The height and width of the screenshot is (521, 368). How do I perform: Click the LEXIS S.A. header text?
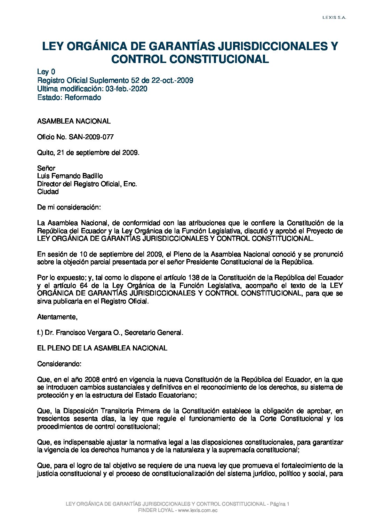[335, 18]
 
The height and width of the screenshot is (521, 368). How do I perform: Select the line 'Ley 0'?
[46, 72]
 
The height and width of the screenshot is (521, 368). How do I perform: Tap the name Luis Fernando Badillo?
[70, 176]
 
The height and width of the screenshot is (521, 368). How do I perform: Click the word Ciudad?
[48, 192]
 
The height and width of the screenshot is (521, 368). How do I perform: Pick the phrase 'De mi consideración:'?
[69, 207]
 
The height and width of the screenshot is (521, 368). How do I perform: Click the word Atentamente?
[57, 317]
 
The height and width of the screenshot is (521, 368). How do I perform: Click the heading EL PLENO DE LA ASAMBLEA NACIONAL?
[102, 348]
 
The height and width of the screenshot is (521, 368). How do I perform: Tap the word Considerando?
[59, 364]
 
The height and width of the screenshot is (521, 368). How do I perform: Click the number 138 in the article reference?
[194, 278]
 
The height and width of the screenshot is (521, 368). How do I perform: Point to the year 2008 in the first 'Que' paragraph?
[92, 379]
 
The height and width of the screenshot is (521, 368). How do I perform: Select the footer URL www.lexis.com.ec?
[198, 510]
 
